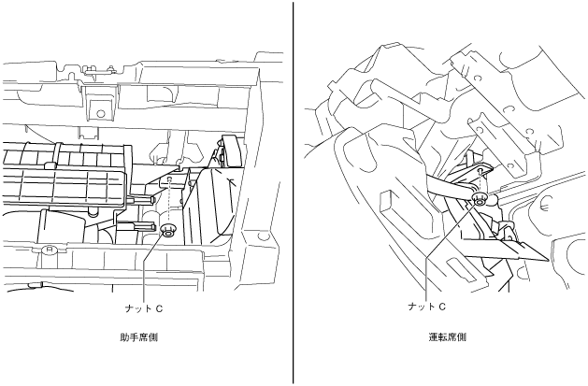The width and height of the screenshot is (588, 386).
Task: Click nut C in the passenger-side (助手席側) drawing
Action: (x=168, y=231)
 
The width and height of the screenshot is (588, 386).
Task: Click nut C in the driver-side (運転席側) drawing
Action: (x=479, y=199)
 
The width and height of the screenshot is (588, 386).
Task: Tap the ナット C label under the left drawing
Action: (x=144, y=306)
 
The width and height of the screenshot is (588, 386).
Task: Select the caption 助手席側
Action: (x=139, y=337)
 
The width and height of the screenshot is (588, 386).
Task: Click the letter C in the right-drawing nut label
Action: (x=442, y=306)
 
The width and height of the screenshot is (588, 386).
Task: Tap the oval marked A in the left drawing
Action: (x=48, y=250)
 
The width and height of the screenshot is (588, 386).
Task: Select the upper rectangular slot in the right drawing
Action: (x=387, y=200)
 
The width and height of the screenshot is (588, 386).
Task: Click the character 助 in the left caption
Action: (x=125, y=337)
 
